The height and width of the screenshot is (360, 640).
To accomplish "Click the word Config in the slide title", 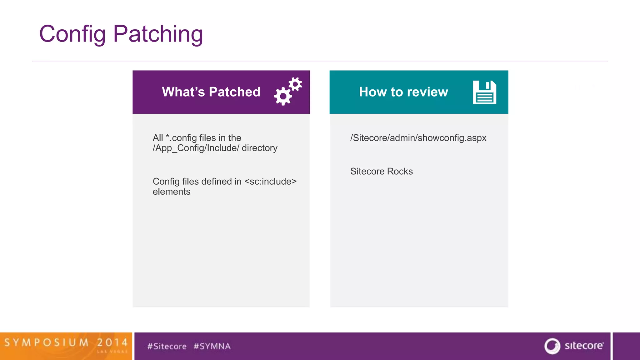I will [x=72, y=34].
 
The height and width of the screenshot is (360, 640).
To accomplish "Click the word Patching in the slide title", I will [x=158, y=34].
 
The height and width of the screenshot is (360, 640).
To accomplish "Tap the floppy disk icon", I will [x=484, y=92].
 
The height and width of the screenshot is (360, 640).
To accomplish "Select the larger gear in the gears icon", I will [x=283, y=96].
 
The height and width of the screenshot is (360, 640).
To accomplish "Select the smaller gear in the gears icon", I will [x=295, y=84].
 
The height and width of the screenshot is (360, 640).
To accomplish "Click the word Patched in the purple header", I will [x=234, y=92].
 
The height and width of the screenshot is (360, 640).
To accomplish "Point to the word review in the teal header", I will [x=427, y=92].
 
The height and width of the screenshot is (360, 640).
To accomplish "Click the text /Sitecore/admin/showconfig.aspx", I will [x=418, y=138].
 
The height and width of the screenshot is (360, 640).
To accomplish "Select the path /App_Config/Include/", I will [x=196, y=148].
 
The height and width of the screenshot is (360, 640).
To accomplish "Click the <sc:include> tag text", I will [x=270, y=182].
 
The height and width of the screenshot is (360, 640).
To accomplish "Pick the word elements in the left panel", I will [x=172, y=192].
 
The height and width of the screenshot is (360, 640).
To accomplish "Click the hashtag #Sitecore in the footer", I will [x=167, y=346].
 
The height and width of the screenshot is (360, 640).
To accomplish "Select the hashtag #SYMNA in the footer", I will [x=212, y=346].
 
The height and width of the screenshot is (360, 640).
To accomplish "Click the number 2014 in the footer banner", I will [x=112, y=342].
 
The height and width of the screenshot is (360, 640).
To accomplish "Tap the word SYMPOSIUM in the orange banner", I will [x=47, y=342].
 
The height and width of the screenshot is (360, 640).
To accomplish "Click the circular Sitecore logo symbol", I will [x=552, y=346].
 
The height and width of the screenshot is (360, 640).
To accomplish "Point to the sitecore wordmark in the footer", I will [x=584, y=346].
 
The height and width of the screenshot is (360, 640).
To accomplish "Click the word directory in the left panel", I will [x=259, y=148].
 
